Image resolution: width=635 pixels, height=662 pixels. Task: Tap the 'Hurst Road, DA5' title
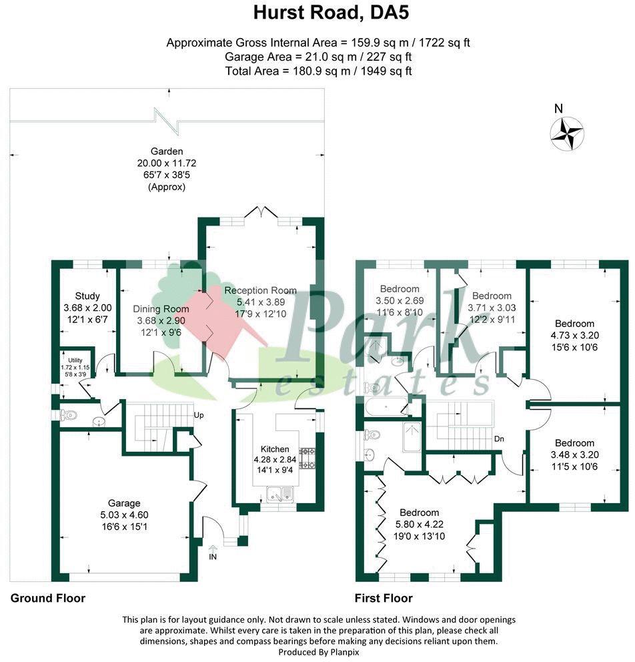coord(317,13)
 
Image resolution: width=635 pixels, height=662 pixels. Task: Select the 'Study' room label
coord(87,296)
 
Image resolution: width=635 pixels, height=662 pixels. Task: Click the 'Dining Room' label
coord(161,308)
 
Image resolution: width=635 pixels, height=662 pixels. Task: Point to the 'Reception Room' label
coord(260,290)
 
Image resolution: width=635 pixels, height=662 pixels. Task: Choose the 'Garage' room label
coord(124,503)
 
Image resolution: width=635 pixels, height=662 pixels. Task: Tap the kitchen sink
coord(281,494)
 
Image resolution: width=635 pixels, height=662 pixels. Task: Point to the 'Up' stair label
coord(199,415)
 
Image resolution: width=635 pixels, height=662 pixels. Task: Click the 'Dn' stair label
coord(499,439)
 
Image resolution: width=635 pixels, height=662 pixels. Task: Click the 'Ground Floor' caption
coord(48,598)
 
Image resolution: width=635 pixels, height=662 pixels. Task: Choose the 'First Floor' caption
coord(384,598)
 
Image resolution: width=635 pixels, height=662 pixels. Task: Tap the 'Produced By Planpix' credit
coord(317,652)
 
